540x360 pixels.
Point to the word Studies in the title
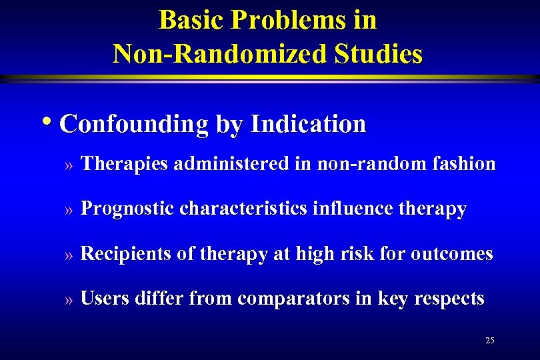[x=381, y=53]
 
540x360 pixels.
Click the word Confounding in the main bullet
[x=133, y=124]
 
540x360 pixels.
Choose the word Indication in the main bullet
[x=308, y=124]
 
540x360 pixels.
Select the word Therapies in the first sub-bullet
[x=124, y=163]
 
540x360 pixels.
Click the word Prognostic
[x=127, y=209]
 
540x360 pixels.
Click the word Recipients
[x=125, y=254]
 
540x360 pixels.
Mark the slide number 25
[x=490, y=341]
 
